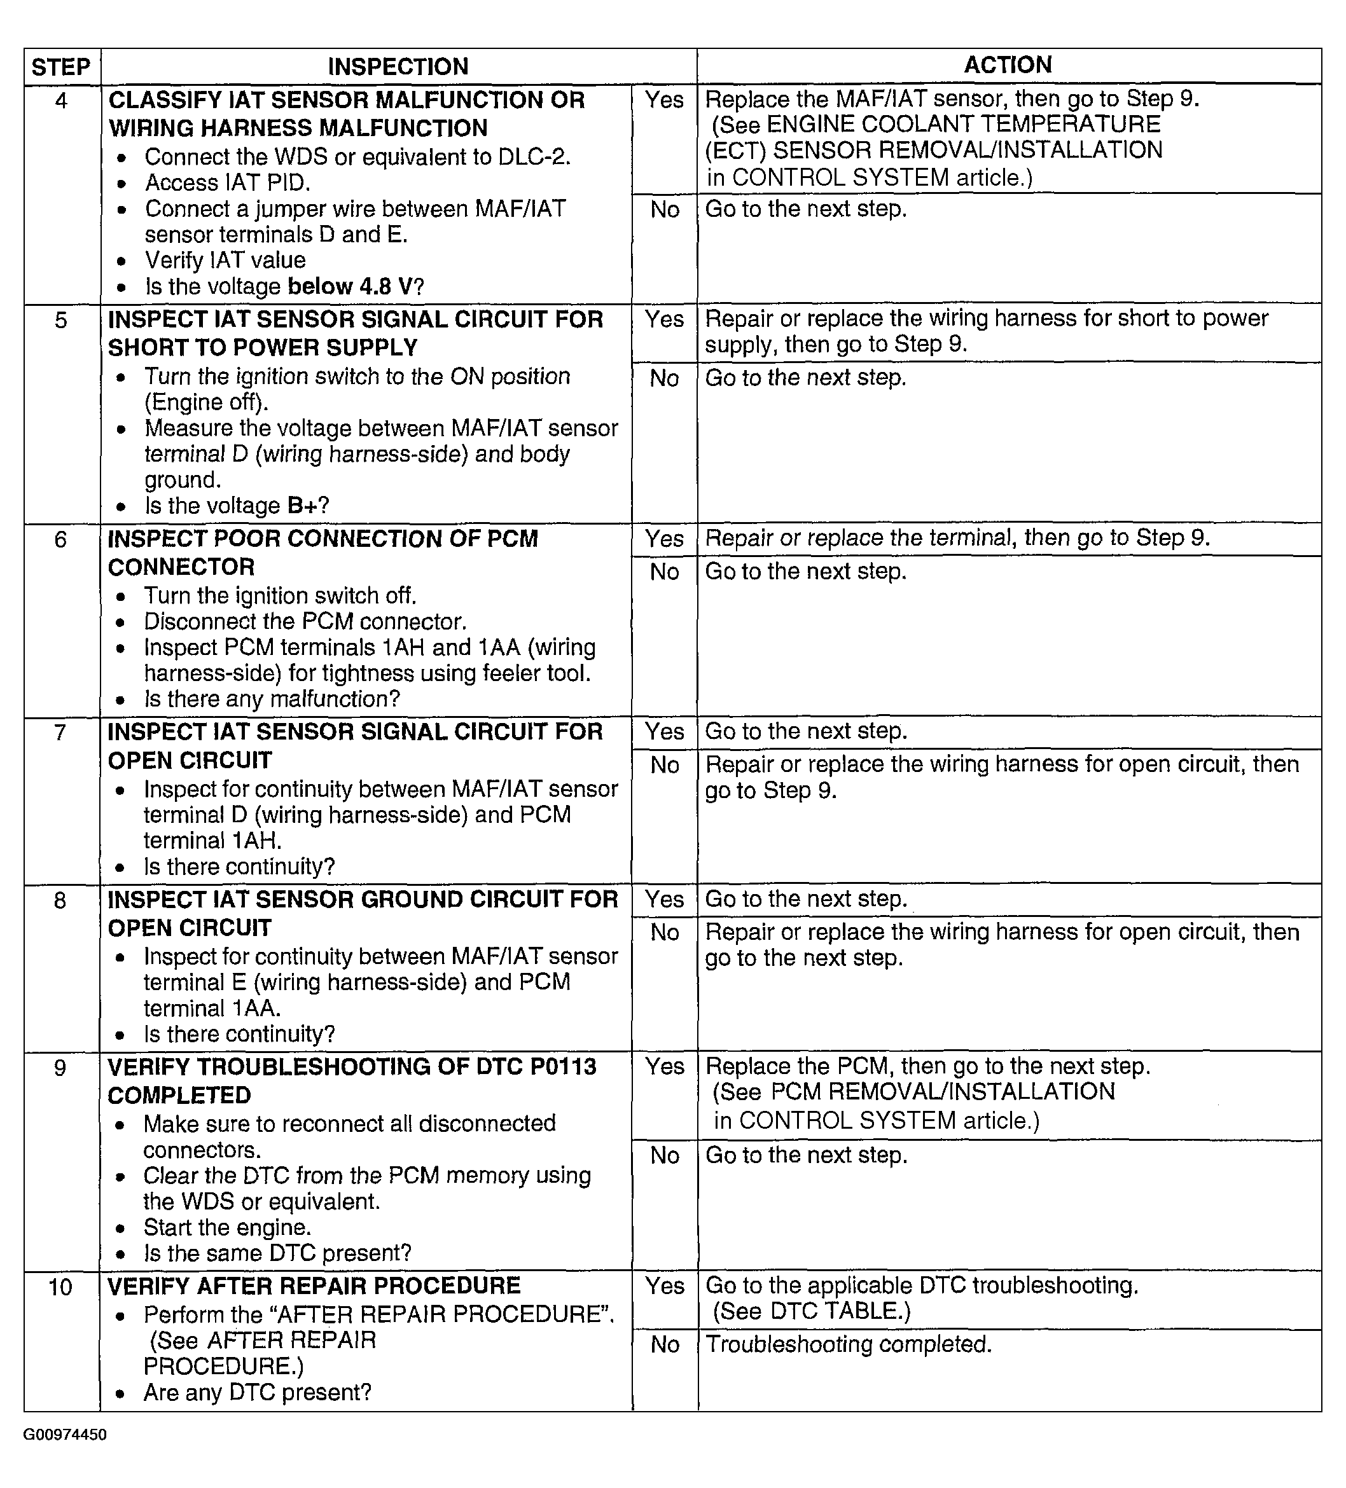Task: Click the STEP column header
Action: click(x=60, y=67)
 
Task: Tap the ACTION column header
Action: click(x=1008, y=65)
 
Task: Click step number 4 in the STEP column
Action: click(x=61, y=100)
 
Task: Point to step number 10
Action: click(x=60, y=1287)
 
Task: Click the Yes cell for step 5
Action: click(x=665, y=320)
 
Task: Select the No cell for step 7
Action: click(x=665, y=766)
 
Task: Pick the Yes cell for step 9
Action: click(x=665, y=1066)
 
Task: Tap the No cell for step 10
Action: click(x=665, y=1345)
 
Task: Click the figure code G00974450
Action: click(x=65, y=1434)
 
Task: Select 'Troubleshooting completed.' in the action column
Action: click(x=849, y=1344)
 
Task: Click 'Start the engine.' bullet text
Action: click(x=228, y=1227)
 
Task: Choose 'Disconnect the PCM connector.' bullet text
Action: click(x=305, y=621)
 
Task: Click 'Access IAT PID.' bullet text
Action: click(x=228, y=183)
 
